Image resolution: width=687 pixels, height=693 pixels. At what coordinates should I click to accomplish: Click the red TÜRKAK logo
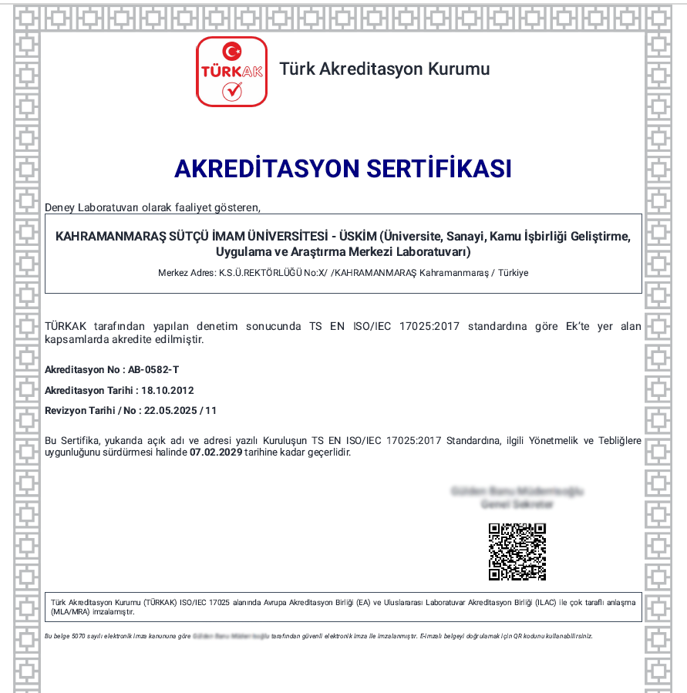click(x=231, y=71)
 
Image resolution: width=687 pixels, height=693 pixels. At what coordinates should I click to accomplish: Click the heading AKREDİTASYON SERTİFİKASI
click(x=343, y=168)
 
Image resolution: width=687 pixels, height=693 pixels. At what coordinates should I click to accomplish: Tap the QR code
click(x=517, y=551)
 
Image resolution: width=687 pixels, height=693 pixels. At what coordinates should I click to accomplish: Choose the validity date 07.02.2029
click(x=216, y=452)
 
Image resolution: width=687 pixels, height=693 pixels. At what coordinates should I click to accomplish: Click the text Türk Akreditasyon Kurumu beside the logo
click(x=384, y=69)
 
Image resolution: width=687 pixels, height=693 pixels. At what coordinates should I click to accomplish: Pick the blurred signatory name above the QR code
click(x=517, y=491)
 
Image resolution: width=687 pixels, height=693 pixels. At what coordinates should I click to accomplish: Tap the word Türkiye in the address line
click(x=513, y=273)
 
